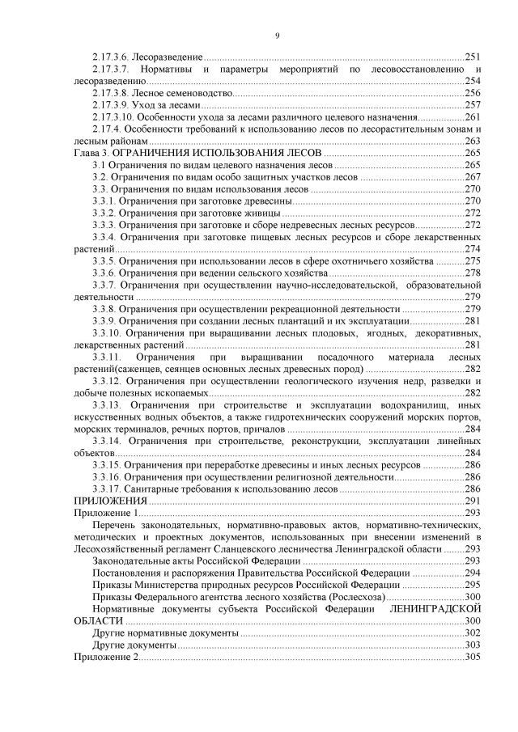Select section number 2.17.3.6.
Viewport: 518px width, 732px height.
click(x=111, y=57)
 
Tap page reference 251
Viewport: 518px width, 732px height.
click(x=473, y=57)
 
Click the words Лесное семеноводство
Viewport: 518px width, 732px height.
click(x=180, y=93)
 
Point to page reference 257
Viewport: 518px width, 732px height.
click(x=473, y=105)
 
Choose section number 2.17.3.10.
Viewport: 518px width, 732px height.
click(x=113, y=117)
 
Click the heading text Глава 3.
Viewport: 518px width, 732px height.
click(x=91, y=153)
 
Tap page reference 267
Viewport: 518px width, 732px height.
click(x=473, y=176)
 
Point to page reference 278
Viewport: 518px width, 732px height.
click(x=473, y=273)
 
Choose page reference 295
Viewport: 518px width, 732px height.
click(x=473, y=584)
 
